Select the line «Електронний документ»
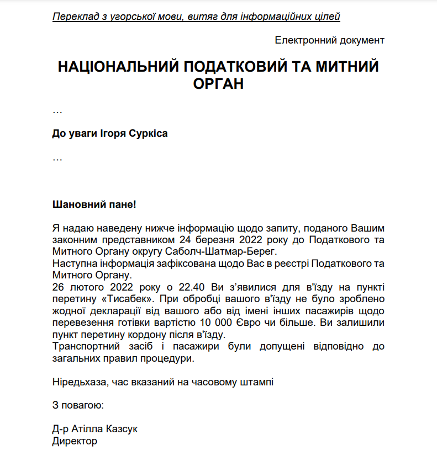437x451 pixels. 329,40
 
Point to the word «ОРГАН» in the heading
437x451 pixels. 218,84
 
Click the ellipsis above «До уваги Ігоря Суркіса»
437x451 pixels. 57,111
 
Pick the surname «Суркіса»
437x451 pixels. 148,134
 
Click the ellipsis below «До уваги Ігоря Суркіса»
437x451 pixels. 57,158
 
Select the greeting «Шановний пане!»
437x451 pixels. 93,205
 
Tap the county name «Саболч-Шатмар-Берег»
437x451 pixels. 210,251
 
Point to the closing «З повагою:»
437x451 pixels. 78,406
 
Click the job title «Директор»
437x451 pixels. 75,441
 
